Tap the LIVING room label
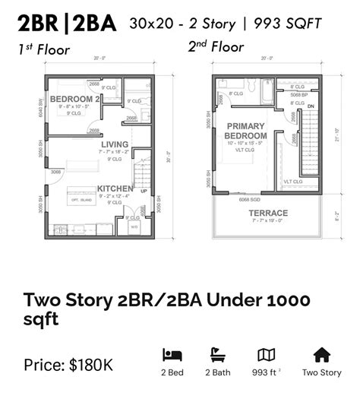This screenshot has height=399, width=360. (115, 144)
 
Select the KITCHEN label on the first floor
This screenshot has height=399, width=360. (115, 188)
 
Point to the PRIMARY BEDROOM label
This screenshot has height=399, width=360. (246, 131)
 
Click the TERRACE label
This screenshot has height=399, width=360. (268, 213)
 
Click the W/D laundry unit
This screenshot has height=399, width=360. (134, 226)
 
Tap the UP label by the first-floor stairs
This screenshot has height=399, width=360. (144, 191)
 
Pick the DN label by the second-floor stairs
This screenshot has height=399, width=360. (310, 106)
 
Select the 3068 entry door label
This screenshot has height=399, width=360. (56, 172)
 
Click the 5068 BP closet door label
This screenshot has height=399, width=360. (298, 95)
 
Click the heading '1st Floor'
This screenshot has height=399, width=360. (44, 51)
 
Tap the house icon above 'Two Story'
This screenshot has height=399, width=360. (322, 355)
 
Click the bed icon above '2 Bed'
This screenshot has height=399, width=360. (172, 355)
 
